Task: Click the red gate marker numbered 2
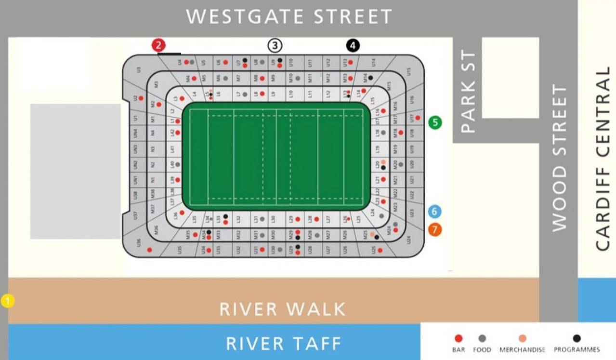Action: coord(159,45)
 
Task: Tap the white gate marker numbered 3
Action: coord(275,46)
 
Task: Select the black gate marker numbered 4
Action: coord(353,46)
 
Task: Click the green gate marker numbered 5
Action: coord(435,122)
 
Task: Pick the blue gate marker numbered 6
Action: coord(434,211)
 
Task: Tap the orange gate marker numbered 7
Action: coord(434,230)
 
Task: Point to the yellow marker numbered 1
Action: coord(8,301)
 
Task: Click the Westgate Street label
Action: coord(289,17)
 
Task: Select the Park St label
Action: coord(468,92)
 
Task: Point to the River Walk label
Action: coord(283,309)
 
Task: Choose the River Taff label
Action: coord(284,344)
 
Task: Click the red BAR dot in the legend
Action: coord(459,338)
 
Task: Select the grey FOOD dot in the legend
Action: coord(482,338)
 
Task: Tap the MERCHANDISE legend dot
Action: coord(523,338)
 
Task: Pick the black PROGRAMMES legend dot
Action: coord(577,338)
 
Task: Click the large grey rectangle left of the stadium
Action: coord(75,171)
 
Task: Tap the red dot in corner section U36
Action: coord(149,250)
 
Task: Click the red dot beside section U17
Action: coord(418,118)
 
